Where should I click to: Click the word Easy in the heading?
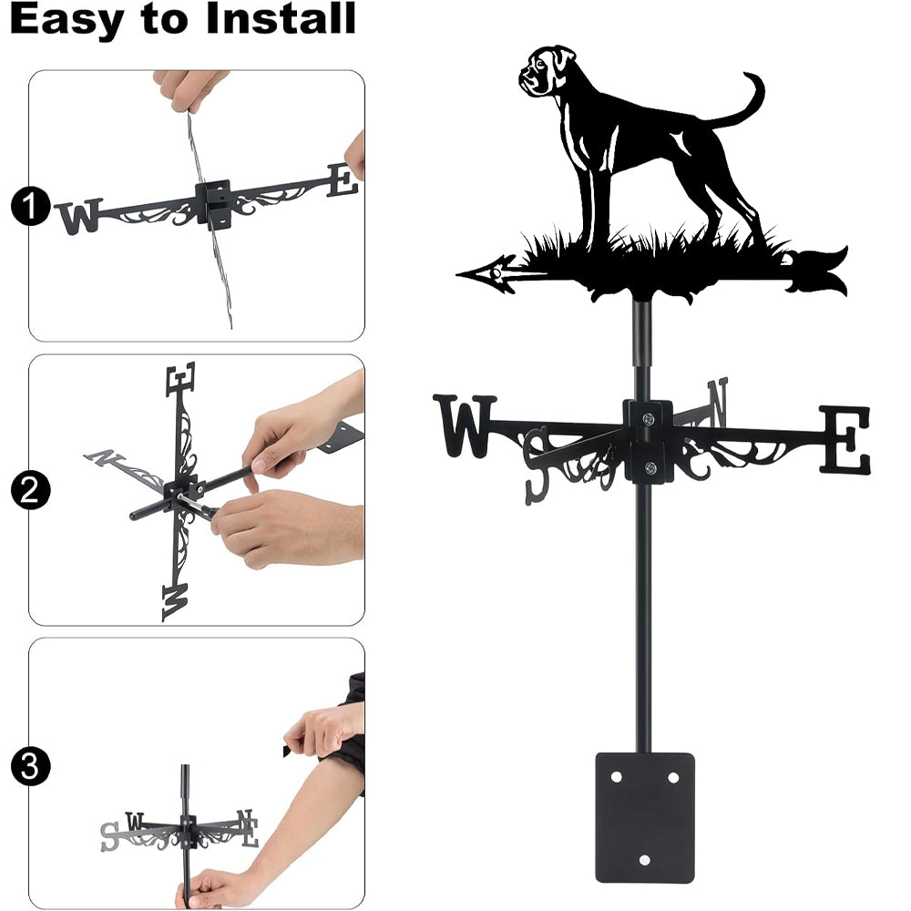click(67, 19)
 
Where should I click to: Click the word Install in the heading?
click(281, 18)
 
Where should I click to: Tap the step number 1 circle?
click(30, 206)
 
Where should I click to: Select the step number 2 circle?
click(30, 490)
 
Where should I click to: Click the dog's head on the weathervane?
click(546, 70)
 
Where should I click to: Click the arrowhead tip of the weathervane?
click(458, 274)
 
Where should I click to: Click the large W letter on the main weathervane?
click(465, 425)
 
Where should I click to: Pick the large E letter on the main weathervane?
click(845, 439)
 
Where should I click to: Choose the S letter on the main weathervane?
click(537, 465)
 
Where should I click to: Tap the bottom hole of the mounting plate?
click(644, 860)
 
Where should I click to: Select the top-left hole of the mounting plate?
click(617, 777)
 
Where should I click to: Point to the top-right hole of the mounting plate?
click(673, 777)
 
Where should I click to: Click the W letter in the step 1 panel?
click(79, 216)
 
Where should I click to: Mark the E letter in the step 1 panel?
click(343, 180)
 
